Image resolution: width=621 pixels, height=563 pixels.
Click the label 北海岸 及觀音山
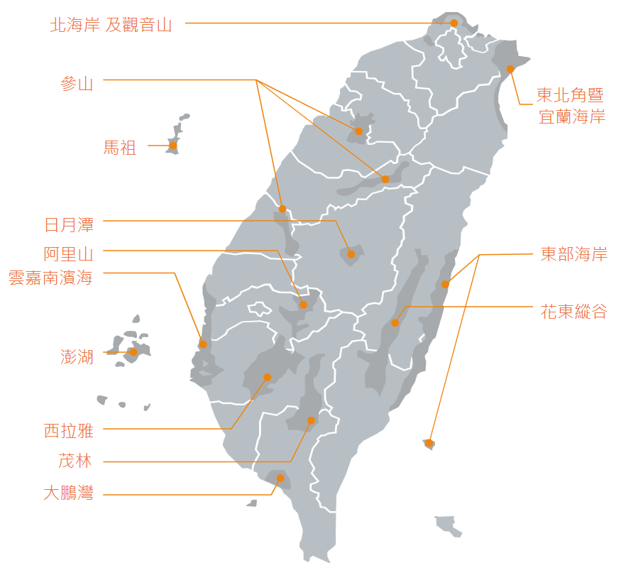[x=111, y=26]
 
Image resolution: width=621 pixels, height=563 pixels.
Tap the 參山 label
[x=77, y=83]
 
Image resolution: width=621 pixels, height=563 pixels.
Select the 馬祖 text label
[x=120, y=148]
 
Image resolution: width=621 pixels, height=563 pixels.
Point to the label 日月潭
[x=69, y=225]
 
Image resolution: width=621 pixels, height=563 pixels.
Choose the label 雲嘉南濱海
[x=50, y=277]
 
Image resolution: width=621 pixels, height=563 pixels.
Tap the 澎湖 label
[x=77, y=356]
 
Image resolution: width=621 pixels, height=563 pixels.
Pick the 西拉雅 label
[x=69, y=430]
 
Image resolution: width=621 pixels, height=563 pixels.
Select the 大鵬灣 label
[x=69, y=493]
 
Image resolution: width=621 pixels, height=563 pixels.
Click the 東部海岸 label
[x=574, y=255]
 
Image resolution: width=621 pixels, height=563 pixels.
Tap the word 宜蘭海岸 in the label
[x=572, y=116]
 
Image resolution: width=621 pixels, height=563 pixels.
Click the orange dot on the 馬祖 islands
[x=172, y=146]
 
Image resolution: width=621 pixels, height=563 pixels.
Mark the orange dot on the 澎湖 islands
[x=133, y=352]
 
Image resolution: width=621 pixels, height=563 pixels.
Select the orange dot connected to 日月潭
[x=351, y=254]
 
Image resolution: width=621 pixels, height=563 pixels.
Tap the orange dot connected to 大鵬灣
[x=280, y=478]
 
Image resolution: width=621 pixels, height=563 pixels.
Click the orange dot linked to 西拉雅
[x=268, y=377]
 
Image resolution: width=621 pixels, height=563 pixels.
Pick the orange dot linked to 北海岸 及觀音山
[x=454, y=23]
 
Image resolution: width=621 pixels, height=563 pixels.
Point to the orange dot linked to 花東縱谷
[x=395, y=323]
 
